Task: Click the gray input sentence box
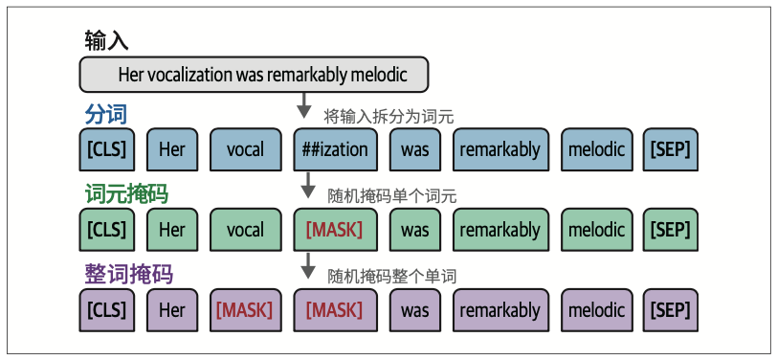pyautogui.click(x=254, y=75)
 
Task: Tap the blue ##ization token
pyautogui.click(x=336, y=149)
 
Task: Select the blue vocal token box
pyautogui.click(x=246, y=149)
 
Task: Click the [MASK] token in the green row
pyautogui.click(x=336, y=230)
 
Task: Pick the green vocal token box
pyautogui.click(x=246, y=230)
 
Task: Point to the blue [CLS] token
pyautogui.click(x=106, y=149)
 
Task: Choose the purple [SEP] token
pyautogui.click(x=671, y=310)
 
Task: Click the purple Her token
pyautogui.click(x=172, y=310)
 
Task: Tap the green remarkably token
pyautogui.click(x=500, y=230)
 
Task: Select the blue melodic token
pyautogui.click(x=597, y=149)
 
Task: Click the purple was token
pyautogui.click(x=414, y=310)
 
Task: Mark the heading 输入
pyautogui.click(x=106, y=40)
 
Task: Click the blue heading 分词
pyautogui.click(x=106, y=115)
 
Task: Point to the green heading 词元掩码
pyautogui.click(x=127, y=194)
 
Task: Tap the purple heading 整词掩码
pyautogui.click(x=129, y=274)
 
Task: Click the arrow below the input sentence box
pyautogui.click(x=304, y=105)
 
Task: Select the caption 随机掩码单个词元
pyautogui.click(x=392, y=196)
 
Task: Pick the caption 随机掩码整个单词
pyautogui.click(x=392, y=276)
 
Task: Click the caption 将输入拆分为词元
pyautogui.click(x=388, y=117)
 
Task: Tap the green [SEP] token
pyautogui.click(x=671, y=230)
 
